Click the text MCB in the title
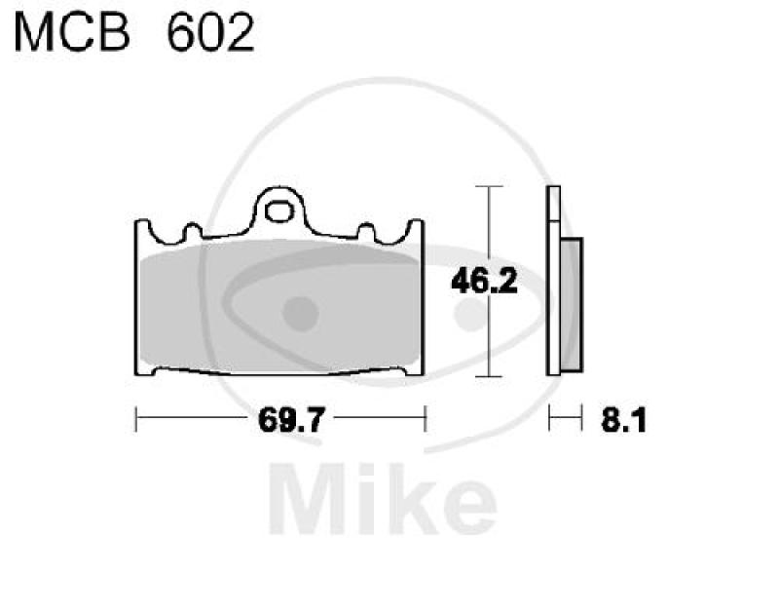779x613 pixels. (72, 33)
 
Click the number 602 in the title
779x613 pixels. (210, 33)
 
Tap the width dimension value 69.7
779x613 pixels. (291, 420)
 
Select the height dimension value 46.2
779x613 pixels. (484, 281)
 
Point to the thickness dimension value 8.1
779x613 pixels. (623, 421)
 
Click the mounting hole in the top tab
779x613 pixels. (279, 211)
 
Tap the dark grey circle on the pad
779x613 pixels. (300, 314)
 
